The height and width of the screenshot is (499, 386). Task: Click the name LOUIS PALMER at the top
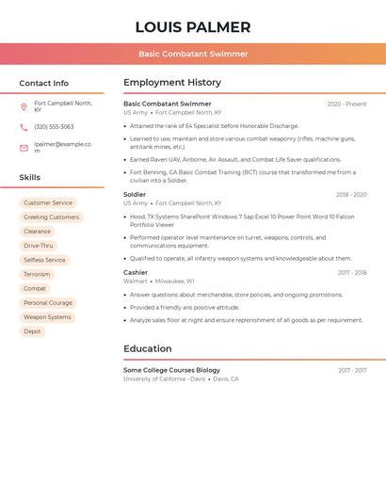point(193,27)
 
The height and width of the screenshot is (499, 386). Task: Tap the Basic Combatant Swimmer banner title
point(193,54)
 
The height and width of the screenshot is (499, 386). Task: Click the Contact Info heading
point(43,83)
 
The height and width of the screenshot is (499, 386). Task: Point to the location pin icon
point(24,107)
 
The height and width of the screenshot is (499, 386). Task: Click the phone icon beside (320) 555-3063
point(24,127)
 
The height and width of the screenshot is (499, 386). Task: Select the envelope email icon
point(24,148)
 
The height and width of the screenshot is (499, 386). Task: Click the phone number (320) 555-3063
point(54,127)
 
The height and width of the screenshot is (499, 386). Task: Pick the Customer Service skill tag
point(48,203)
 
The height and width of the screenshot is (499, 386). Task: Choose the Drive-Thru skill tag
point(39,246)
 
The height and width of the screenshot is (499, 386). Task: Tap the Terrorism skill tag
point(37,274)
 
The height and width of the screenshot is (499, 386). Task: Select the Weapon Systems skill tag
point(47,317)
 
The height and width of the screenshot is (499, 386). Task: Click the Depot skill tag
point(32,331)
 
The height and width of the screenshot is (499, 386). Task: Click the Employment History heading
point(172,83)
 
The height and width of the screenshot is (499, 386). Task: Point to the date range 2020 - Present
point(346,104)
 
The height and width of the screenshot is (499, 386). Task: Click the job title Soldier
point(135,195)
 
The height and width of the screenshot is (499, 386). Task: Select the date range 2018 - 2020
point(351,195)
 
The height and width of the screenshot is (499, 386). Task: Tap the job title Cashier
point(136,273)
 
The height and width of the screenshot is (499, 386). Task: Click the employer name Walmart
point(136,282)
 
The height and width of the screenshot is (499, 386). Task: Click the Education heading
point(148,349)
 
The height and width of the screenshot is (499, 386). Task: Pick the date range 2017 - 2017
point(352,371)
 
